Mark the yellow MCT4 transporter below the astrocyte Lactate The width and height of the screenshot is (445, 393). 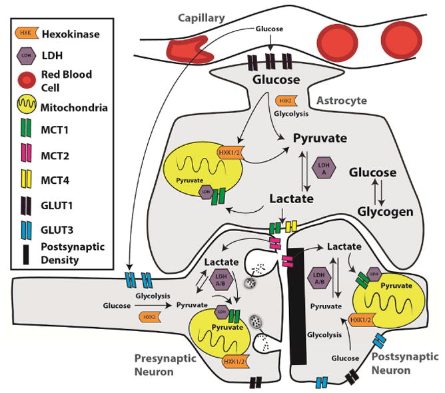pyautogui.click(x=291, y=226)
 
